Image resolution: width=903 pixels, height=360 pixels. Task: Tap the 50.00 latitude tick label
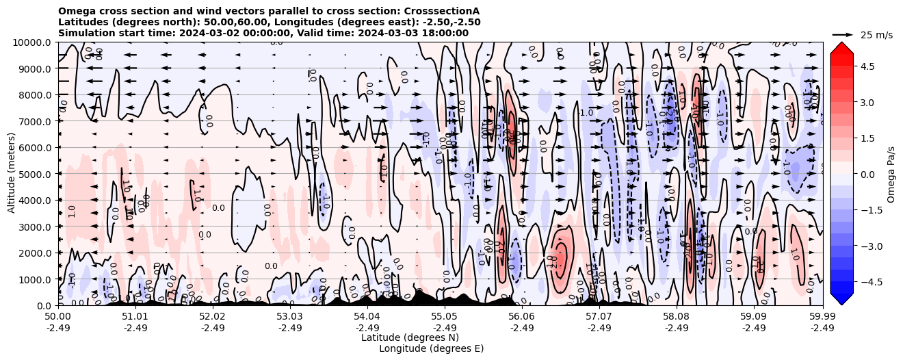(x=58, y=317)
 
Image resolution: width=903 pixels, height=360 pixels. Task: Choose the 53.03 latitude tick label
(x=290, y=317)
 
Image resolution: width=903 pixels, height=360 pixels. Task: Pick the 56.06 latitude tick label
(x=522, y=317)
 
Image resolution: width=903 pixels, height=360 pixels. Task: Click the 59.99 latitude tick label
(x=822, y=317)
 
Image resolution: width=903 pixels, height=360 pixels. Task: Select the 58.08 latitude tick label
(x=677, y=317)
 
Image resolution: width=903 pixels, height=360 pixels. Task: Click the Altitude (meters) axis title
(x=12, y=174)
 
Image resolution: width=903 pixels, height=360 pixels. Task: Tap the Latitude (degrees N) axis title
(x=410, y=337)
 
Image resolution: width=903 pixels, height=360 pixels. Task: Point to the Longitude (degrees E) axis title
(x=431, y=348)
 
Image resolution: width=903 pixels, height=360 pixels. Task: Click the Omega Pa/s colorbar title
(x=891, y=174)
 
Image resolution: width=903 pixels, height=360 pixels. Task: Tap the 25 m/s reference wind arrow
(x=842, y=34)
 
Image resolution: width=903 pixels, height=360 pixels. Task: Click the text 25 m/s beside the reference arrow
(x=876, y=35)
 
